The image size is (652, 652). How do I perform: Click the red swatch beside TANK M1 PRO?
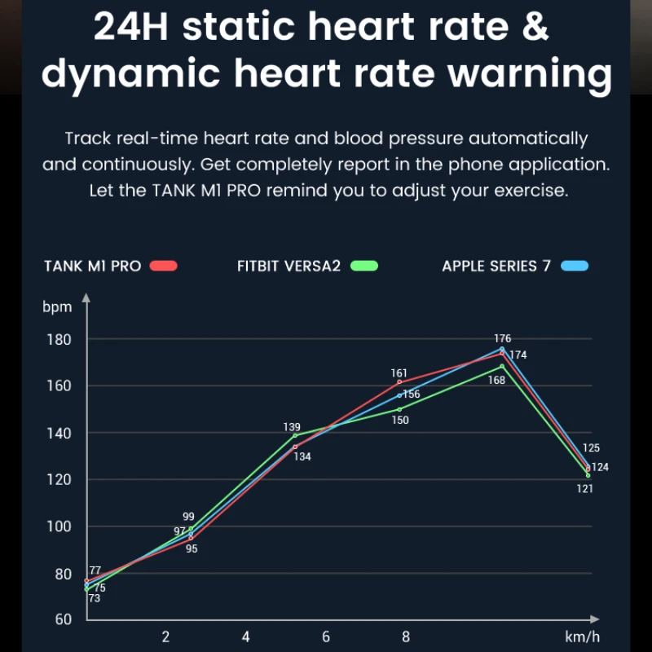point(165,266)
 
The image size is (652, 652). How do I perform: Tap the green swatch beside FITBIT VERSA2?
point(364,266)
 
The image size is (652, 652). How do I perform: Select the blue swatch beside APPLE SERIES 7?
point(575,266)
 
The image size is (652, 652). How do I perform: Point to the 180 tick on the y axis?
point(58,340)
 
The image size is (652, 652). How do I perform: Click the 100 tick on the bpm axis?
point(58,526)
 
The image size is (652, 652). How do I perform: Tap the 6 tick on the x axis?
point(326,637)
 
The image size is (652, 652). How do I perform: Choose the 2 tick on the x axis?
point(165,637)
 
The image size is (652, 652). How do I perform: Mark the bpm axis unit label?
point(58,307)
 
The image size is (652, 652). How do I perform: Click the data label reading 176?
point(502,338)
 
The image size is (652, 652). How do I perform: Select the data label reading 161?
point(399,372)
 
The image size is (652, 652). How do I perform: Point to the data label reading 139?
point(292,427)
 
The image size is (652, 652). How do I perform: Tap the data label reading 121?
point(584,489)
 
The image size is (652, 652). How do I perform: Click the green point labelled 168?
point(502,366)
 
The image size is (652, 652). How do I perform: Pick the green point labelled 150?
point(399,409)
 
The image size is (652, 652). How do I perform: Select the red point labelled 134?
point(295,447)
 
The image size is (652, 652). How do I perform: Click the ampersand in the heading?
point(534,26)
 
